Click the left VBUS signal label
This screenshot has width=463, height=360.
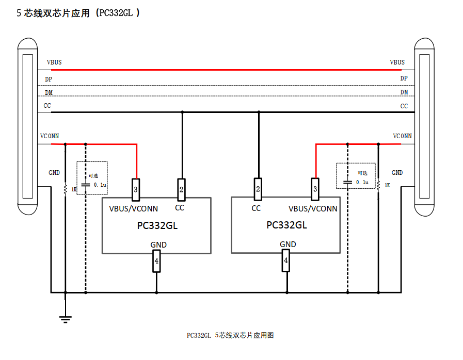pyautogui.click(x=54, y=62)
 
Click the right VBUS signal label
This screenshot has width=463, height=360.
pyautogui.click(x=397, y=62)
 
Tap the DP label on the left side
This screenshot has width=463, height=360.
pyautogui.click(x=49, y=79)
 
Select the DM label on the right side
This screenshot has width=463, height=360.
pyautogui.click(x=404, y=92)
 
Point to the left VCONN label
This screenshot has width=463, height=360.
pyautogui.click(x=50, y=136)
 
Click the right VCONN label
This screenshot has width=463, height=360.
pyautogui.click(x=402, y=136)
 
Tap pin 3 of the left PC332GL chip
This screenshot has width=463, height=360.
pyautogui.click(x=136, y=189)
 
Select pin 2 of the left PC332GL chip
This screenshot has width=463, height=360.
pyautogui.click(x=181, y=189)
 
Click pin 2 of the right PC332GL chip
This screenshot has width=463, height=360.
pyautogui.click(x=258, y=189)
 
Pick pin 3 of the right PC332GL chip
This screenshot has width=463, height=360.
pyautogui.click(x=315, y=189)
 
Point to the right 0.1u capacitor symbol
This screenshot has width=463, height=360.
pyautogui.click(x=348, y=182)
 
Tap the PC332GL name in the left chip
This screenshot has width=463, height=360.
pyautogui.click(x=157, y=225)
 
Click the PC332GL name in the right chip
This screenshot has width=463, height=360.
pyautogui.click(x=286, y=225)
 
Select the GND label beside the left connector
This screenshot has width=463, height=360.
pyautogui.click(x=54, y=173)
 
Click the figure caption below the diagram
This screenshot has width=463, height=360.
pyautogui.click(x=230, y=335)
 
